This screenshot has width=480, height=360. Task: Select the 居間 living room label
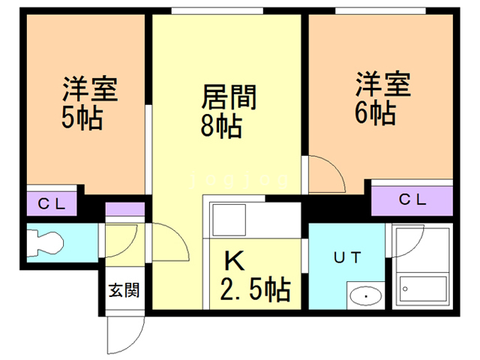pos(229,97)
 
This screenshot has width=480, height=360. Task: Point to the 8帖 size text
pos(220,127)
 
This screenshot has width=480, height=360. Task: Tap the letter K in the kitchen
pos(235,261)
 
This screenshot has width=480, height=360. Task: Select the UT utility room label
pos(347,257)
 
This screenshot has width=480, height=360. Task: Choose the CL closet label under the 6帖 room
pos(412,199)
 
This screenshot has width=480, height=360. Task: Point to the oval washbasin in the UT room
pos(365,295)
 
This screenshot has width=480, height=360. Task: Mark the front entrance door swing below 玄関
pos(121,331)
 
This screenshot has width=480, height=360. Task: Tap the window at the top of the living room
pos(217,10)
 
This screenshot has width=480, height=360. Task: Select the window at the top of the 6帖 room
pos(371,10)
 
